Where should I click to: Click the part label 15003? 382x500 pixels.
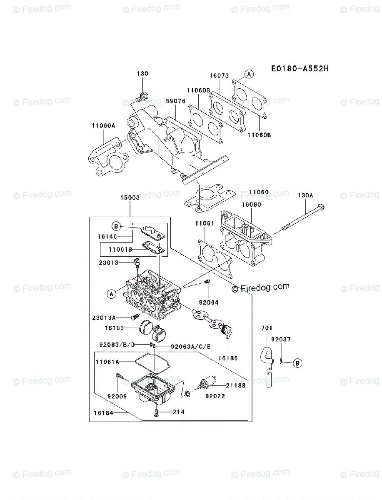coord(129,199)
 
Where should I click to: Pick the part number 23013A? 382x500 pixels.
coord(104,318)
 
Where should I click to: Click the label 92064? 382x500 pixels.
coord(209,302)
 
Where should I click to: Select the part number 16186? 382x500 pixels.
coord(227,357)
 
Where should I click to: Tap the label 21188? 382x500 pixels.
coord(236,385)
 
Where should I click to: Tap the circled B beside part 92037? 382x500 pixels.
coord(297,363)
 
